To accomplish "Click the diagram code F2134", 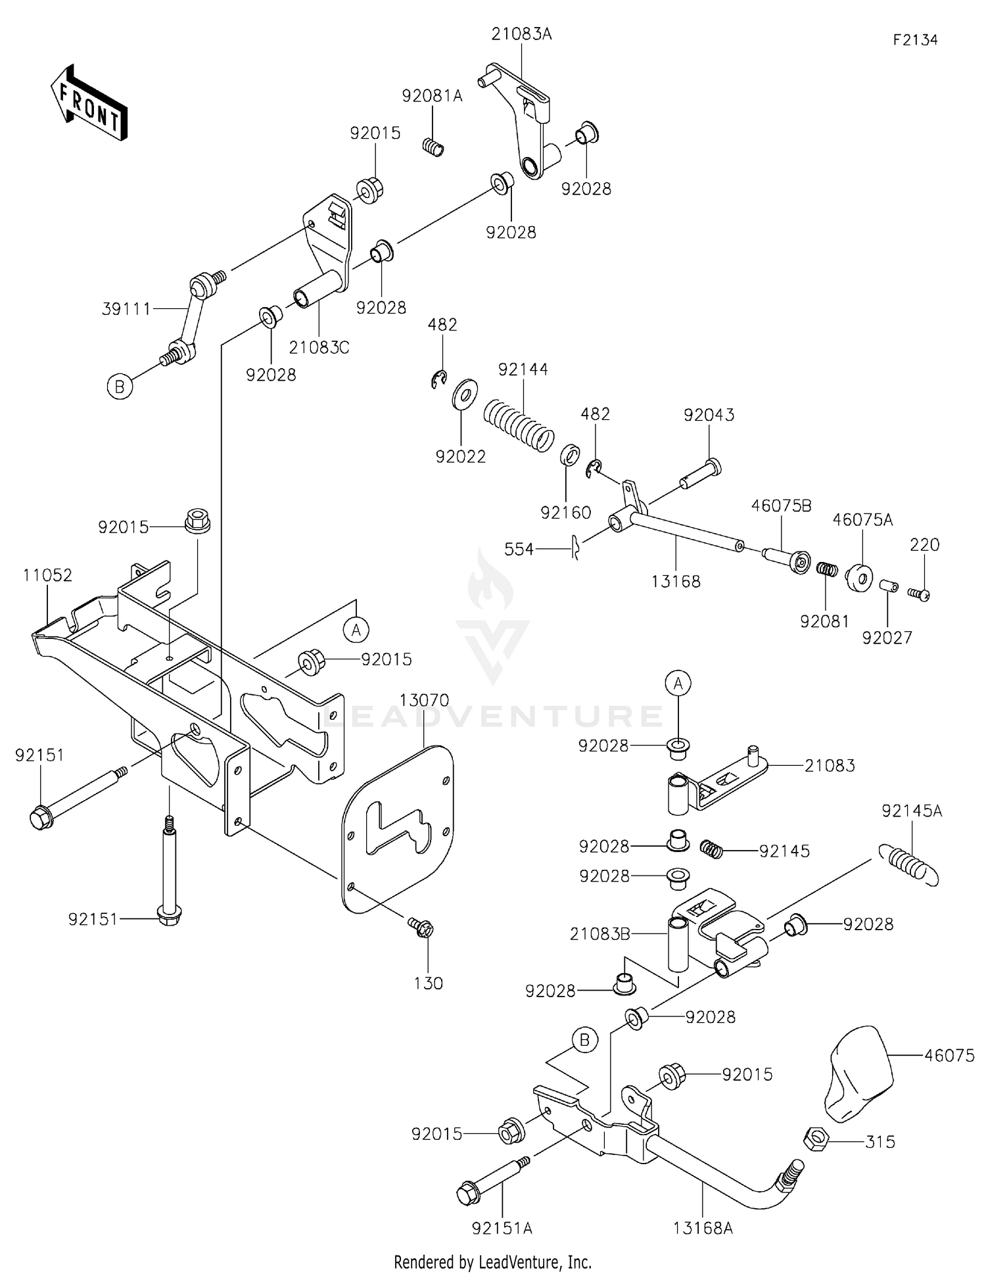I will tap(915, 40).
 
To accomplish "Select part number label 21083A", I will tap(521, 34).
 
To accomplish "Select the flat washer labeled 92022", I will tap(465, 395).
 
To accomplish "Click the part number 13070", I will tap(425, 700).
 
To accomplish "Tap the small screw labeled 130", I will tap(421, 928).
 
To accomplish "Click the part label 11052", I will tap(47, 575).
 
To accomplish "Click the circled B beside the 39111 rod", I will tap(120, 387).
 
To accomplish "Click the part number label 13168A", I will tap(703, 1227).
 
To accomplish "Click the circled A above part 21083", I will tap(678, 684).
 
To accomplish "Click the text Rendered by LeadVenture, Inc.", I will tap(492, 1262).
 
